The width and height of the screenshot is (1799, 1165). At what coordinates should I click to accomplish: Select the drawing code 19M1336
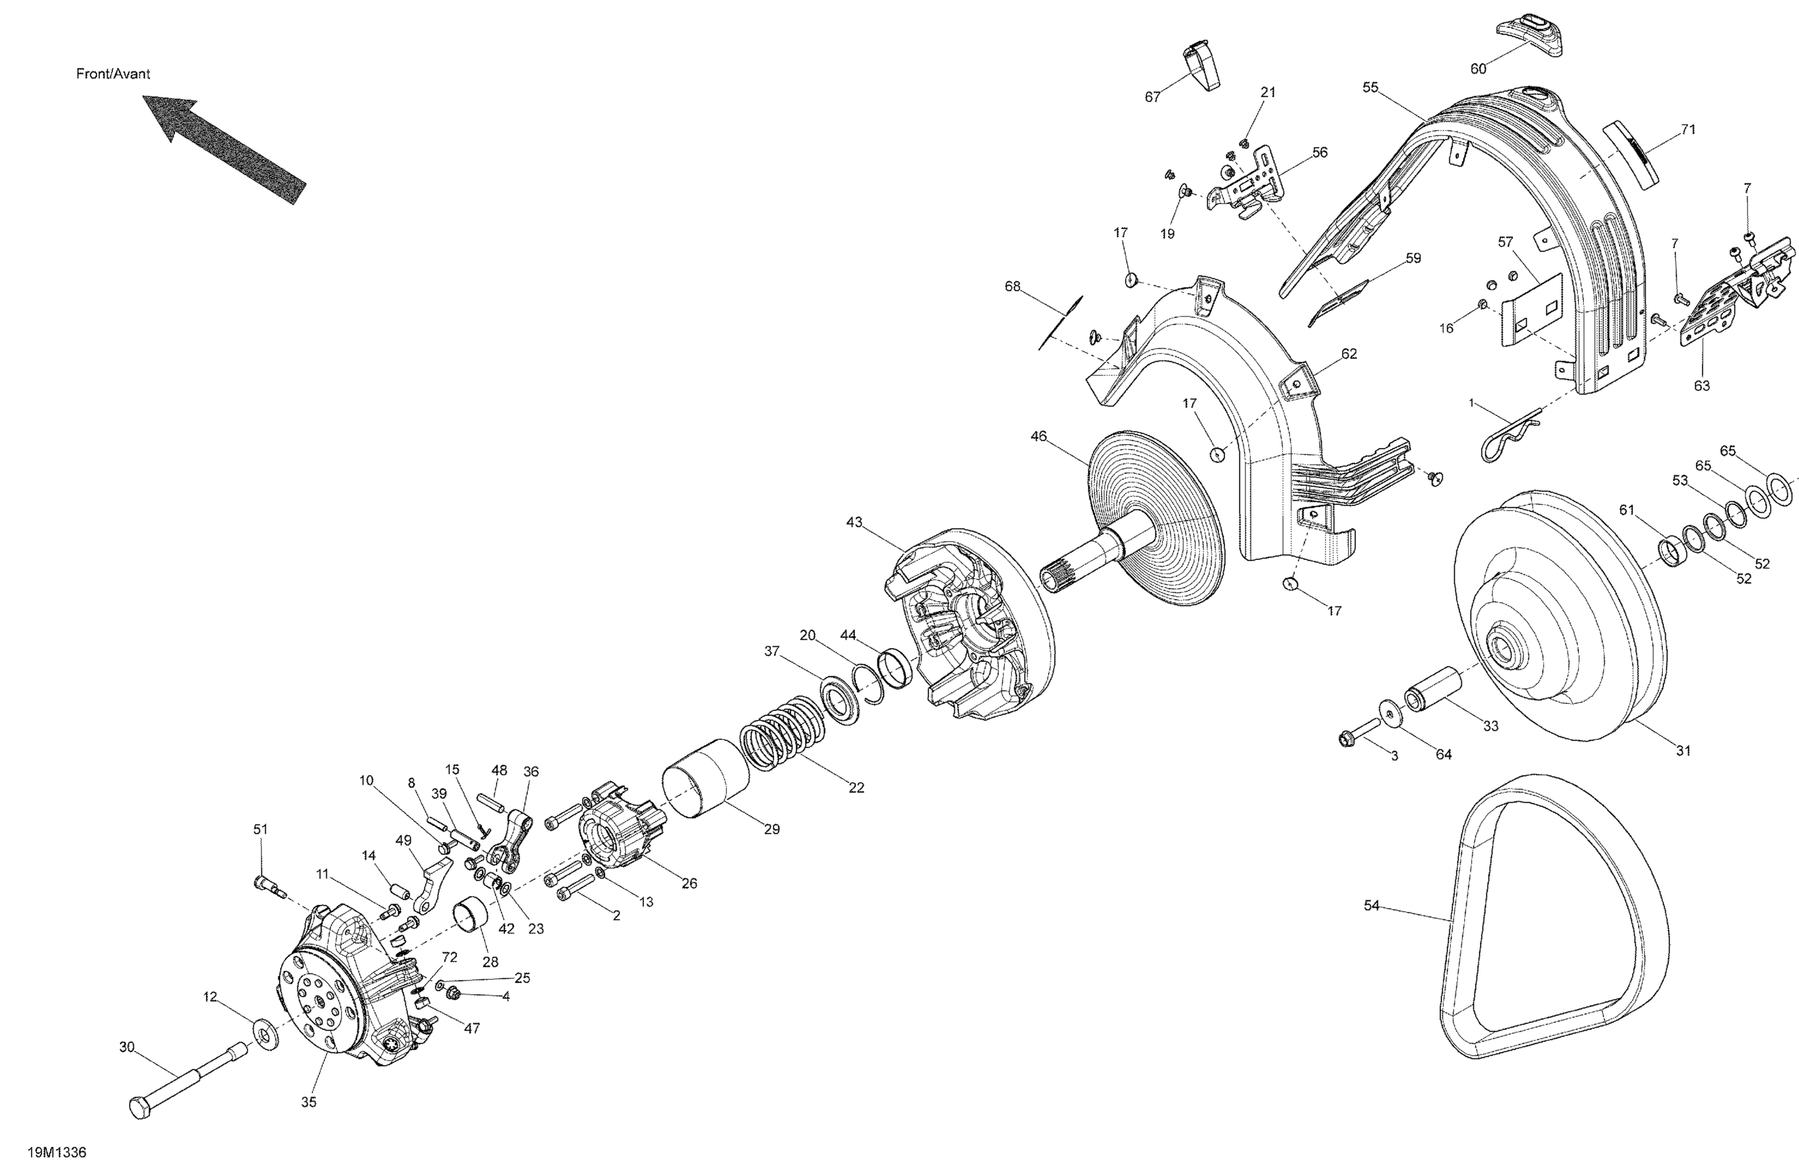(x=57, y=1153)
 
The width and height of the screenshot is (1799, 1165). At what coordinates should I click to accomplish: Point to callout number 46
(x=1039, y=437)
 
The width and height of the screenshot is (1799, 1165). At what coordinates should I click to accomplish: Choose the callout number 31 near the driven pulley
(x=1683, y=751)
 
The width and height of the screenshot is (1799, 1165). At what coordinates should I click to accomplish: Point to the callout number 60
(x=1478, y=70)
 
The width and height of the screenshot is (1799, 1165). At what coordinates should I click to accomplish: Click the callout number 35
(x=308, y=1102)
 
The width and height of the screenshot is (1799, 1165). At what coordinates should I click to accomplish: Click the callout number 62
(x=1349, y=354)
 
